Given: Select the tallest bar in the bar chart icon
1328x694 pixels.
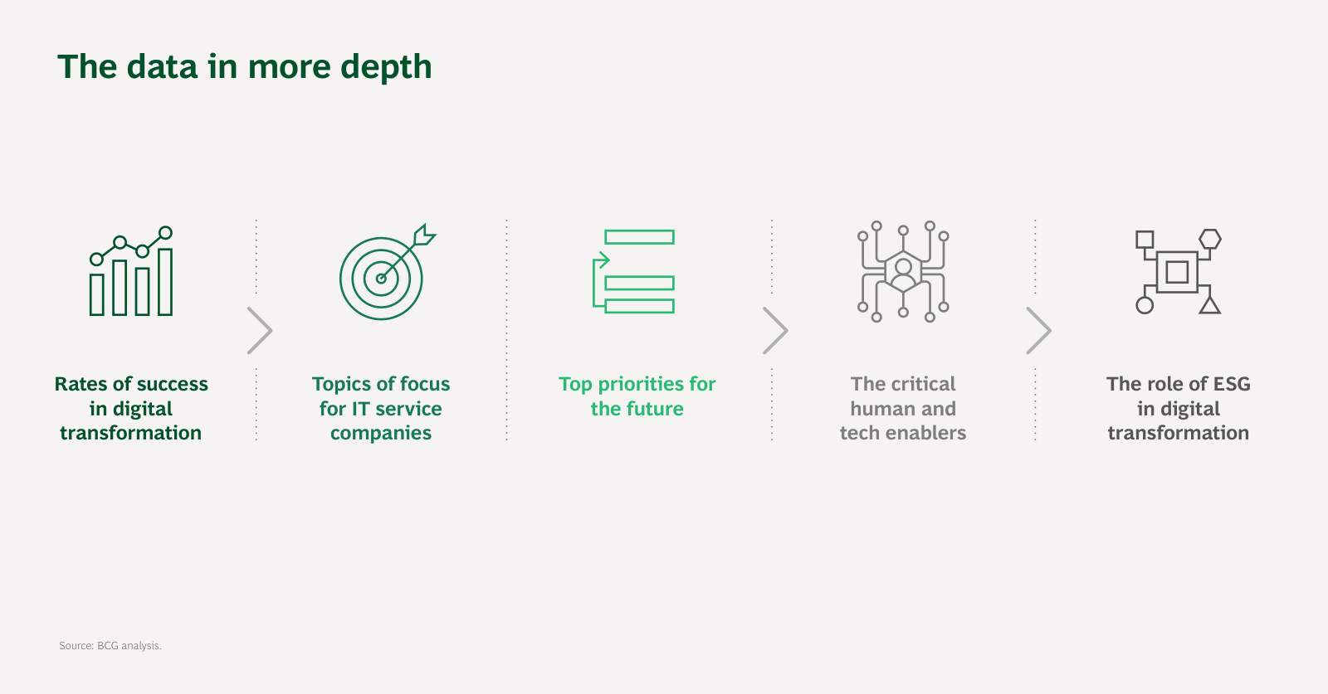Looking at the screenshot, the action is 165,282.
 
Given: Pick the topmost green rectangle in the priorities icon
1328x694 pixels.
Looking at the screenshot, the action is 639,237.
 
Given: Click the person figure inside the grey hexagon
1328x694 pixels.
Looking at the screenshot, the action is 903,274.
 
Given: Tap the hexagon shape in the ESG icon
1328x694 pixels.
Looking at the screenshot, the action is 1210,239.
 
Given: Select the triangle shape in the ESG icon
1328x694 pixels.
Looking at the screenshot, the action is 1210,305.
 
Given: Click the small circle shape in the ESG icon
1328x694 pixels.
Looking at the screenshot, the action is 1145,306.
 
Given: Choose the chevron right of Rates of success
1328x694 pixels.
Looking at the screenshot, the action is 259,331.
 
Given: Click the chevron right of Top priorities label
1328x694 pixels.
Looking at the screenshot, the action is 775,331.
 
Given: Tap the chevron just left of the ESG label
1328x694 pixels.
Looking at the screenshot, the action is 1038,331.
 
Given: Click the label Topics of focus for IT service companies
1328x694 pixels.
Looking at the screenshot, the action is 381,408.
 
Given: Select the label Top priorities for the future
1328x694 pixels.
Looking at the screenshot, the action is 637,396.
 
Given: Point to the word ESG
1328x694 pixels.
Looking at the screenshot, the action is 1232,384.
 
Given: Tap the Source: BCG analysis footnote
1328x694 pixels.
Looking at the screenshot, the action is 110,645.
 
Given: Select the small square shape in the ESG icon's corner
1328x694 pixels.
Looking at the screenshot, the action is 1145,240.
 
